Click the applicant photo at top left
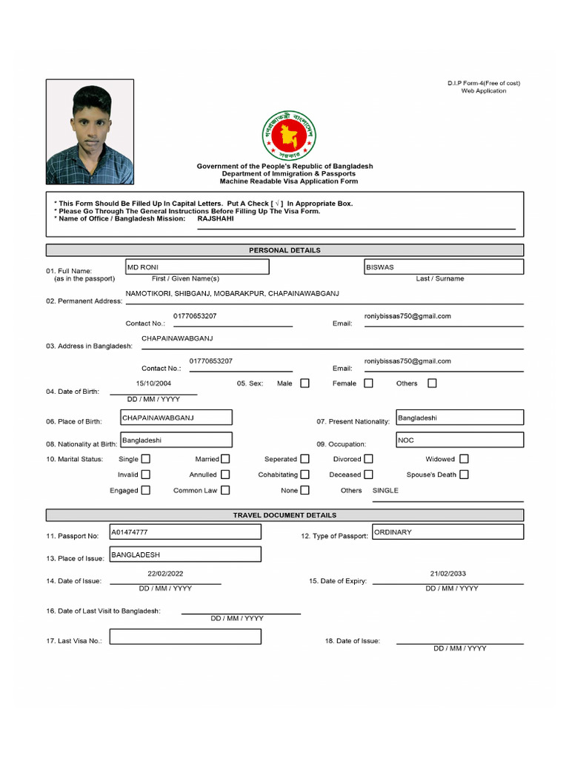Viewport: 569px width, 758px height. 90,132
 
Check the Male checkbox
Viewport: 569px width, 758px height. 305,383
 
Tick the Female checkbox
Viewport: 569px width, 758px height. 368,383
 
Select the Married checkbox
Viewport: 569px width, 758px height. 225,459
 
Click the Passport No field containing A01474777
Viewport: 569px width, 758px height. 185,532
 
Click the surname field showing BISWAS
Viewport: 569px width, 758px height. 443,267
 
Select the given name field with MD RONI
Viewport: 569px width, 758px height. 197,267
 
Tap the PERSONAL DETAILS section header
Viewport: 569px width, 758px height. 284,250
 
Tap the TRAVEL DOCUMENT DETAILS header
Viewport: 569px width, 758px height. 284,515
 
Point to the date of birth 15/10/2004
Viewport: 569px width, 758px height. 153,383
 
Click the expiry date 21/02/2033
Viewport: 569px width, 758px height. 447,574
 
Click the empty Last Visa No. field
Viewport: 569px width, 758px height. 185,637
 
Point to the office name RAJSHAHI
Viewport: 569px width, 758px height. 215,219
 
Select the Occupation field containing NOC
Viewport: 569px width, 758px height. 459,440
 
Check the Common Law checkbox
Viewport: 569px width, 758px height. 225,490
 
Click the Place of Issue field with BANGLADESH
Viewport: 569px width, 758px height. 185,554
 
